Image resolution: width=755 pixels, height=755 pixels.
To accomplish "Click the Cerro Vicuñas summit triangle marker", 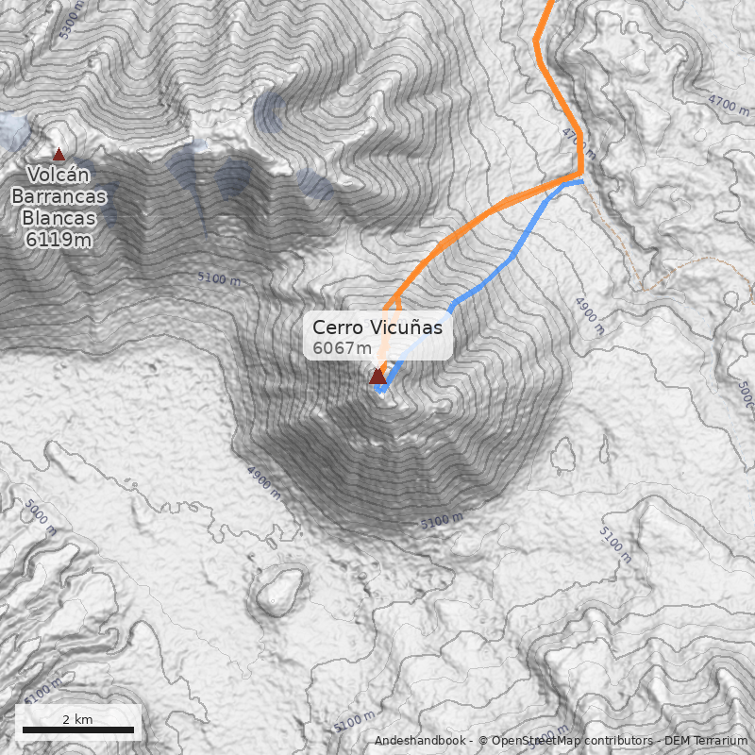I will pos(377,376).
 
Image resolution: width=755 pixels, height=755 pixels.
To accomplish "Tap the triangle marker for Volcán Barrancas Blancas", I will pos(59,154).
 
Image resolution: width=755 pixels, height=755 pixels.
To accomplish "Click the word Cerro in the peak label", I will pos(336,327).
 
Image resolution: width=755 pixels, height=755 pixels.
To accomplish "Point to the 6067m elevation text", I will pos(342,348).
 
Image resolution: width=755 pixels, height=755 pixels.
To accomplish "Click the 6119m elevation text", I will pos(59,240).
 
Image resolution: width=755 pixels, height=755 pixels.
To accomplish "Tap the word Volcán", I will pos(59,175).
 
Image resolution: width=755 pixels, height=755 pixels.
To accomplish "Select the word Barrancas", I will pos(59,196).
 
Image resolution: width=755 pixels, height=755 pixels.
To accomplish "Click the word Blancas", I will pos(59,218).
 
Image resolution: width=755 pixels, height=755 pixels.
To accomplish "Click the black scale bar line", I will pos(78,730).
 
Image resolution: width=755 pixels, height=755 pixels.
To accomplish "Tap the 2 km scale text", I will pos(78,719).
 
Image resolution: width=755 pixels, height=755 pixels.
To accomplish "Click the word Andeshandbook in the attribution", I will pos(421,741).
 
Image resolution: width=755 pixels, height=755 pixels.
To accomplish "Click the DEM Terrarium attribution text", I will pos(706,741).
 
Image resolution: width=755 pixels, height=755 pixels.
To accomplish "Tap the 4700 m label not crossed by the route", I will pos(728,104).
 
